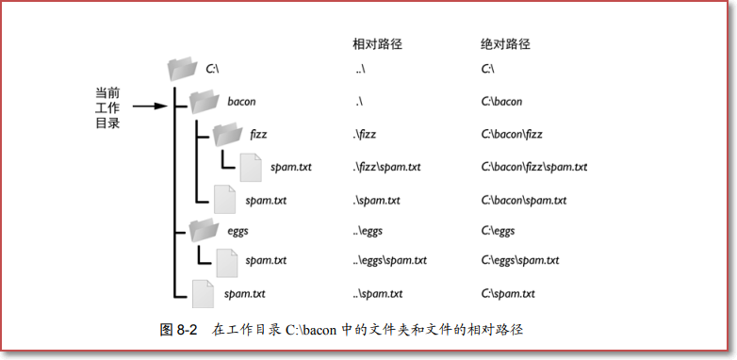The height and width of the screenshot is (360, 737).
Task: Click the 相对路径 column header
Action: tap(378, 43)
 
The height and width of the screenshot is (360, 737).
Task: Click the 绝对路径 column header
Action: tap(506, 43)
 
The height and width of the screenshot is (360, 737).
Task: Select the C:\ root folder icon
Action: tap(182, 69)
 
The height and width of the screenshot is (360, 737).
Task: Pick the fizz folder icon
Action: tap(228, 134)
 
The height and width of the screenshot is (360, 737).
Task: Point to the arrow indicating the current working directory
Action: tap(148, 106)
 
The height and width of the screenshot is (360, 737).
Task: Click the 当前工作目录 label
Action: tap(107, 108)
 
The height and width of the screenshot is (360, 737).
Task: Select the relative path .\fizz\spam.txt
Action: tap(386, 168)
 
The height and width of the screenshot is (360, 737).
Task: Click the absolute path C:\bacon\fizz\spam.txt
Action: tap(533, 168)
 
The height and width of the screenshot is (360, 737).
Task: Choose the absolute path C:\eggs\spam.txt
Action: tap(519, 261)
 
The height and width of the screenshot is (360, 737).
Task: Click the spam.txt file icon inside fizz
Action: tap(250, 167)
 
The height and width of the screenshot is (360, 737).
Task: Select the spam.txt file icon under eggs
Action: tap(225, 261)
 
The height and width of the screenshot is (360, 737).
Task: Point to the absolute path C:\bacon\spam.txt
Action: tap(523, 201)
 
